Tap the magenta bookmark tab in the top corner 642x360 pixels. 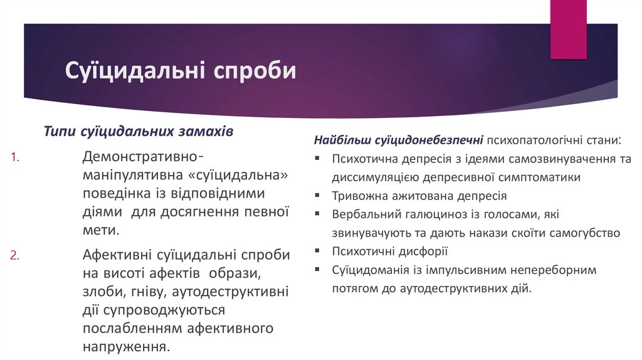point(568,29)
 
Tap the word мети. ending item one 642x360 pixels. point(100,230)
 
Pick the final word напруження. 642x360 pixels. point(125,347)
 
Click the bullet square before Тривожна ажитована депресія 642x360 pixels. point(318,195)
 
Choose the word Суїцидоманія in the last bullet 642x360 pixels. point(371,270)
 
